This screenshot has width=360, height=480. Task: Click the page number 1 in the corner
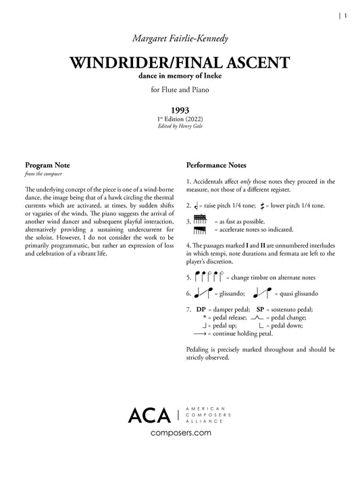345,18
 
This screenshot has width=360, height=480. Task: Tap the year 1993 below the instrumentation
180,109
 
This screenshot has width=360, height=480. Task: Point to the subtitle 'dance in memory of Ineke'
180,78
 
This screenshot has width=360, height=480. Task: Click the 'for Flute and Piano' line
180,91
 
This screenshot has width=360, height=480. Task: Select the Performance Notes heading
215,165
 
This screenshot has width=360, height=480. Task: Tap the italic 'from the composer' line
41,174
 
